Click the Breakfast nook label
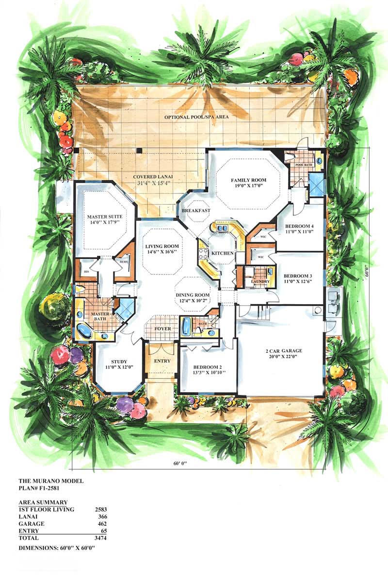(x=196, y=210)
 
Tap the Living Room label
(x=162, y=246)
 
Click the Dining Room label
(x=192, y=295)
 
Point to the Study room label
(x=118, y=362)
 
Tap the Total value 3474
(x=100, y=538)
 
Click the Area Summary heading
(x=43, y=502)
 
